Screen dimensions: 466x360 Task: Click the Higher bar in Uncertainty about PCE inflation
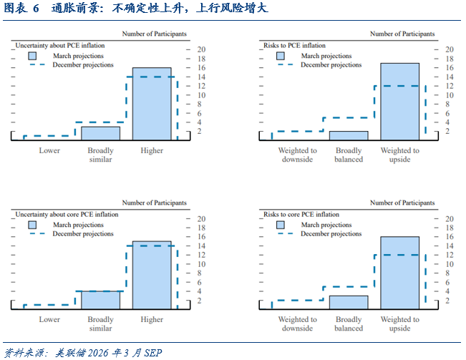pos(152,104)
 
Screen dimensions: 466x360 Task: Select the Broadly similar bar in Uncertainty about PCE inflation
pos(101,133)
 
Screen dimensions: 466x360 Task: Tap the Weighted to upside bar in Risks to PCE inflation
pos(400,102)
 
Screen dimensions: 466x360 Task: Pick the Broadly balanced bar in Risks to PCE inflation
pos(349,135)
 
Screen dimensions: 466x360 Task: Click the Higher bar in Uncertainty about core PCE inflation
pos(152,275)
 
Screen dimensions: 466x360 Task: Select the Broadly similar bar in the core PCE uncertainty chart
pos(101,300)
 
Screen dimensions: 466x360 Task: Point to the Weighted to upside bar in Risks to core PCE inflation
pos(400,273)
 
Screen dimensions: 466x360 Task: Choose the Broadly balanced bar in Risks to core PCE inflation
pos(349,302)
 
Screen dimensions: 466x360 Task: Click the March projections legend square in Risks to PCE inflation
pos(281,56)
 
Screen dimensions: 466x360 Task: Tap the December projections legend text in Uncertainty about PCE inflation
pos(83,64)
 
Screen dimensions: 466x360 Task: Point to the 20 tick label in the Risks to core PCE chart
pos(450,219)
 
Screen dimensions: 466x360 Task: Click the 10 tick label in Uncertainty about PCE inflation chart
pos(201,95)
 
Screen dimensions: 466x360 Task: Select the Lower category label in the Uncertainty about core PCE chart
pos(49,319)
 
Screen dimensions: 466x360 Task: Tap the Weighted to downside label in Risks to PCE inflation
pos(298,155)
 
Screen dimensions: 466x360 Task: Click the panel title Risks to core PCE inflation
pos(301,214)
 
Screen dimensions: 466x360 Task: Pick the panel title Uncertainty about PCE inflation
pos(59,45)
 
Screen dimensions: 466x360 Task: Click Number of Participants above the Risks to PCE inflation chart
pos(402,34)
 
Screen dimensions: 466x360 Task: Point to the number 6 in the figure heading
pos(36,9)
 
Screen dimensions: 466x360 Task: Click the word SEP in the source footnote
pos(153,353)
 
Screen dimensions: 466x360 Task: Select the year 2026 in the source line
pos(98,353)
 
